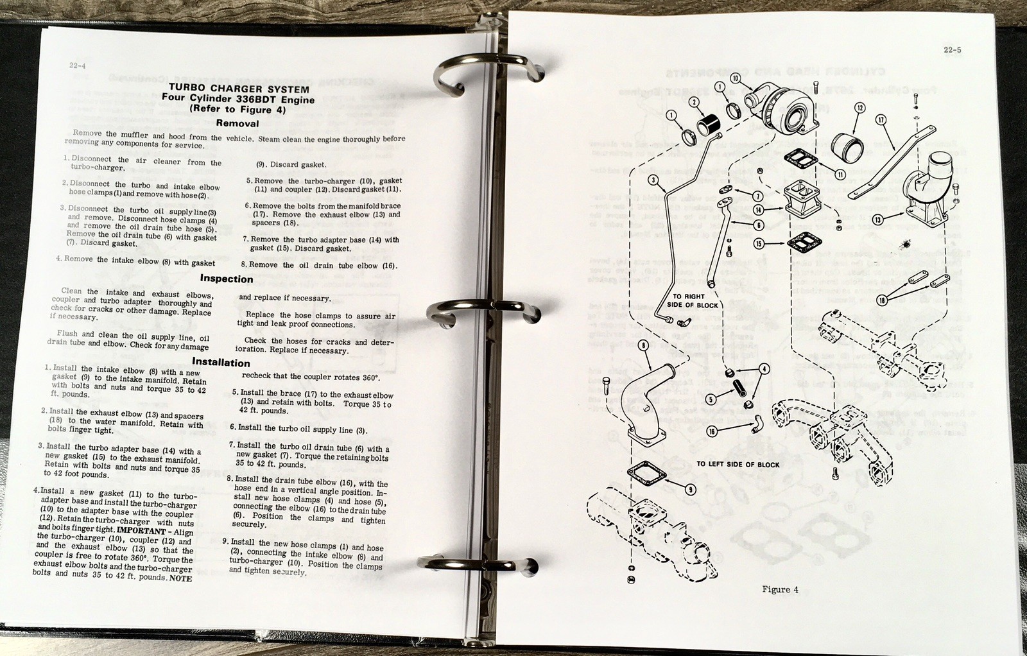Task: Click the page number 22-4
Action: pos(78,65)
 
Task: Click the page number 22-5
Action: pos(953,50)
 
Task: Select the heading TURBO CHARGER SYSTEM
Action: pos(239,89)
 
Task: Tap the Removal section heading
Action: pos(237,123)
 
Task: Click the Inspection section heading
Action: pos(226,279)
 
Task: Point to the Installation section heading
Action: pos(220,362)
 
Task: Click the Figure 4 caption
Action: pos(780,589)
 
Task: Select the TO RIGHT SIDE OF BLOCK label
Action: pos(692,300)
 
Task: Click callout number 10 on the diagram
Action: pos(736,78)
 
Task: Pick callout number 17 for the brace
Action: pos(881,119)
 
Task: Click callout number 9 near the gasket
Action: pos(690,490)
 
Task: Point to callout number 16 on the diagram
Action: pos(711,431)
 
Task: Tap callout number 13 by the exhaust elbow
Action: pos(878,220)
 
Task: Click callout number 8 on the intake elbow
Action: pos(644,345)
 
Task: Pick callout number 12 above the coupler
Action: pos(859,108)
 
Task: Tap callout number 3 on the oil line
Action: pos(653,180)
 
